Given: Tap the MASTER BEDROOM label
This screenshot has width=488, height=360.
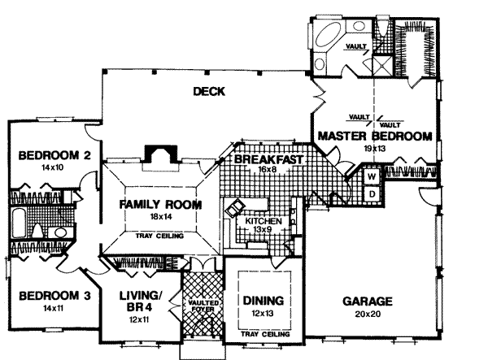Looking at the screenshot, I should point(373,136).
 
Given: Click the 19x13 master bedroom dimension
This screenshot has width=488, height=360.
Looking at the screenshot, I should point(373,149).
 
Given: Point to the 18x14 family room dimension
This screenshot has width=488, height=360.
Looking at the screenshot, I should point(159,219).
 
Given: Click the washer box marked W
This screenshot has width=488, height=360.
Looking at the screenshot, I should point(370,176).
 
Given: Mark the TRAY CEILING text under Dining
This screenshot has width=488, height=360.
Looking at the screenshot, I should point(261,334).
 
